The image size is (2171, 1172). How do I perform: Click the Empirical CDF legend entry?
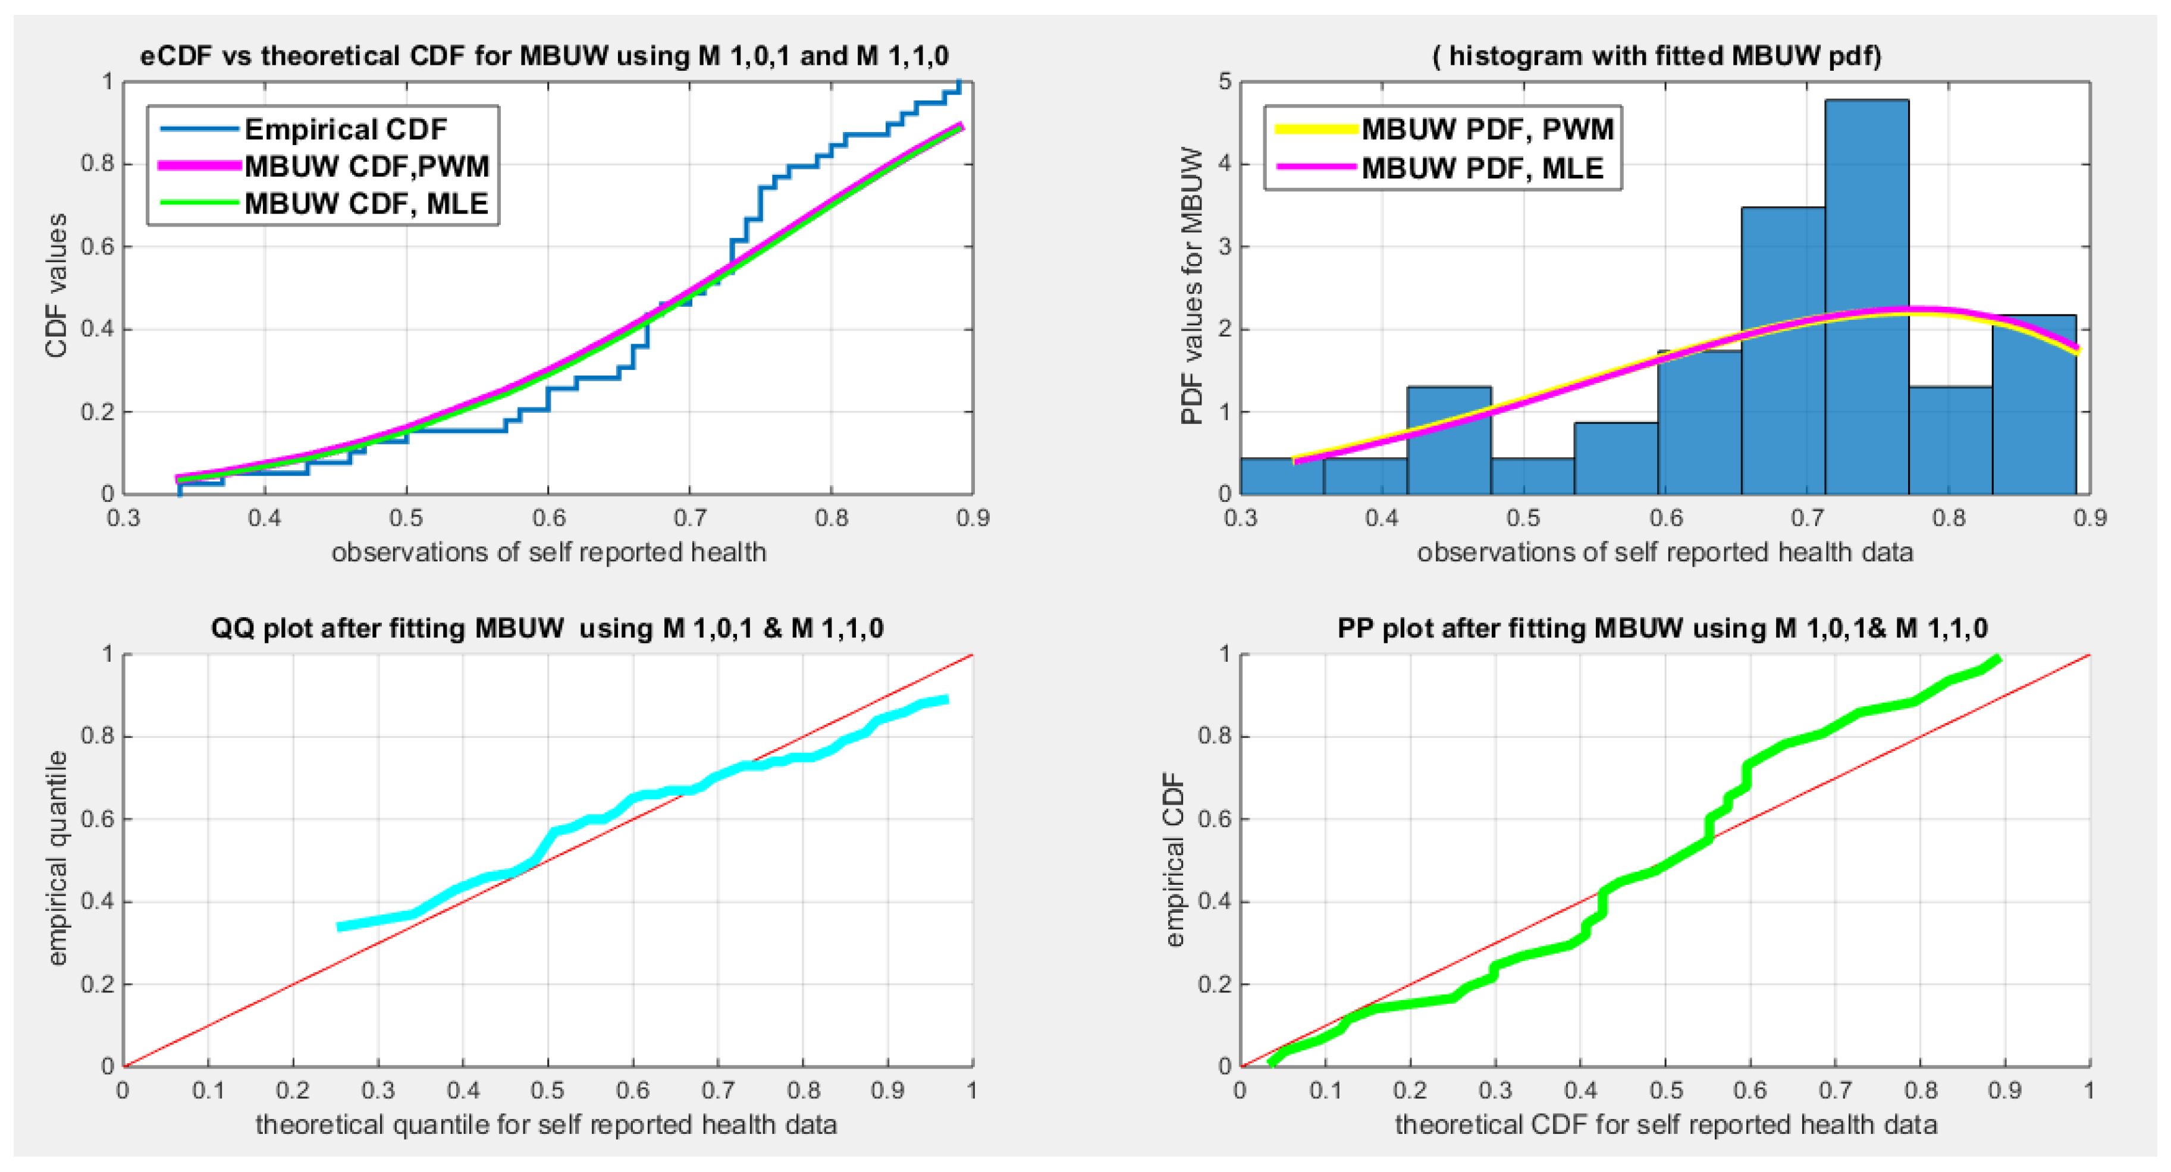point(346,129)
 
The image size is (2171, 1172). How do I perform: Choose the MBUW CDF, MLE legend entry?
point(366,204)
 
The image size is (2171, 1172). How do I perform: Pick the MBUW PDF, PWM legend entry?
point(1488,129)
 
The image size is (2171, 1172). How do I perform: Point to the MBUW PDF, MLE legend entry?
point(1482,168)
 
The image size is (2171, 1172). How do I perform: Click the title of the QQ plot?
point(548,629)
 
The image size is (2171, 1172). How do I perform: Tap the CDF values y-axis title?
point(56,287)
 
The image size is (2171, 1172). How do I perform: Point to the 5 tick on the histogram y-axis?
point(1225,81)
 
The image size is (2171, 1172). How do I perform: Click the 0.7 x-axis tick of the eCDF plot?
point(689,517)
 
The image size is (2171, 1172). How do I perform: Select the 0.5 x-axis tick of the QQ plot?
point(548,1091)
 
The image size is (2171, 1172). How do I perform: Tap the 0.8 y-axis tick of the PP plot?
point(1213,736)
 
